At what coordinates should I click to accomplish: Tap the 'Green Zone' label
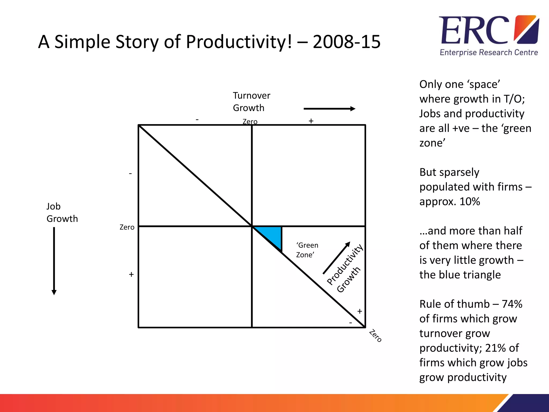[307, 250]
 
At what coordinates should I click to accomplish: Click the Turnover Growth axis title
[251, 102]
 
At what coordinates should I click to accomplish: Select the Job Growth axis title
[62, 212]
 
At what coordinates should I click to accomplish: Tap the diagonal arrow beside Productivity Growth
[336, 258]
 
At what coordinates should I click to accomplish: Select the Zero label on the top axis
[250, 122]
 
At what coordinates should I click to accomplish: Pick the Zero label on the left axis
[127, 227]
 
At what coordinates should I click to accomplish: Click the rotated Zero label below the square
[375, 336]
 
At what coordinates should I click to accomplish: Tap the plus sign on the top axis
[311, 121]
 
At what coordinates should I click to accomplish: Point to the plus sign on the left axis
[131, 274]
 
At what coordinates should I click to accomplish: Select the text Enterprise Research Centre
[489, 52]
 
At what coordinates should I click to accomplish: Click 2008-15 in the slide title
[346, 42]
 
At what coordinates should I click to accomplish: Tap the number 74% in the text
[512, 304]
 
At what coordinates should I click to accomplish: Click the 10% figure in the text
[469, 201]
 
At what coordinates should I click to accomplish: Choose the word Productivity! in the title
[239, 42]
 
